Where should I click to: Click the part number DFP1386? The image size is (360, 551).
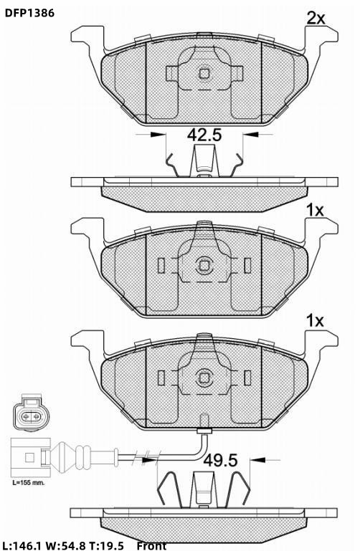click(x=29, y=14)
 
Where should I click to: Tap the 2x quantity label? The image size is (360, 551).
click(x=316, y=19)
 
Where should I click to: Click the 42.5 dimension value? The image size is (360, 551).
click(x=204, y=135)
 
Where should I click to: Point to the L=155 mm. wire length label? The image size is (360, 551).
click(x=29, y=483)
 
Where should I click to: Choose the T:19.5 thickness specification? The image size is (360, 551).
click(x=106, y=546)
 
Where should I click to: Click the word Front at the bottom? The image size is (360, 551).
click(x=151, y=546)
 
